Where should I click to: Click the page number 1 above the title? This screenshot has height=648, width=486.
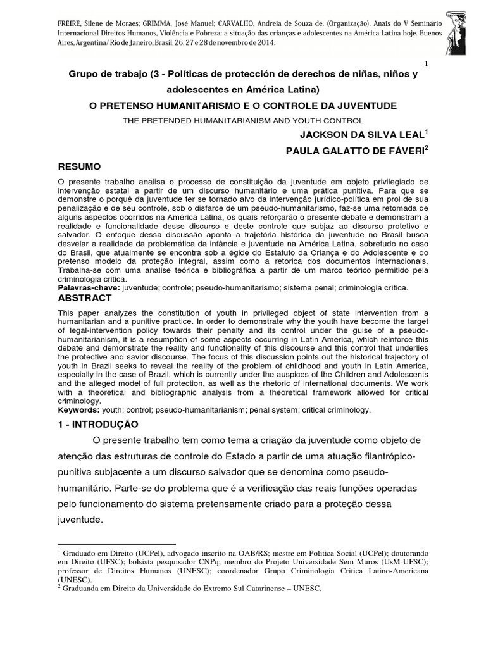tap(426, 64)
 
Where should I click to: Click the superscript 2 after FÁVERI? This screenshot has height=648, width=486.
tap(428, 146)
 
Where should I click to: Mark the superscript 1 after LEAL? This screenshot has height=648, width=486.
tap(428, 130)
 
